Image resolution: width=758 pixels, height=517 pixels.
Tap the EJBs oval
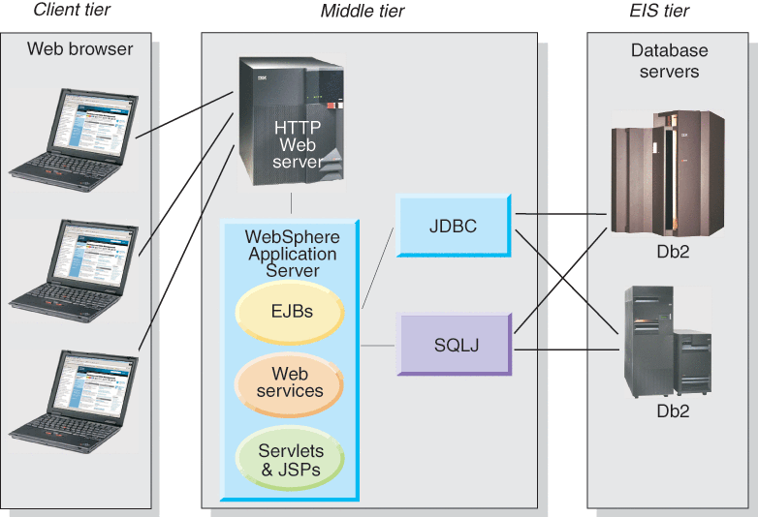288,312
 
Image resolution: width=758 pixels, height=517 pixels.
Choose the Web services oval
290,382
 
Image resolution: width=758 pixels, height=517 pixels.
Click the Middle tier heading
363,11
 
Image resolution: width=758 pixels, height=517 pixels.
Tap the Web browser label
79,48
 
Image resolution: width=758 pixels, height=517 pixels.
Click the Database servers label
669,60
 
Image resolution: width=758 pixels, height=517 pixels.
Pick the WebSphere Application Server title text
290,253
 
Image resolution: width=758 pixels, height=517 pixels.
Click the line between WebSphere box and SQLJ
378,345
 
